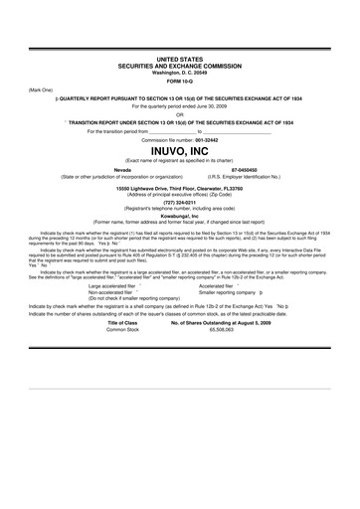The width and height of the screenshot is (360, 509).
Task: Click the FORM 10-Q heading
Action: (x=180, y=82)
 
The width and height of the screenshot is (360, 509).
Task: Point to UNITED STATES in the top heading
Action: (x=180, y=61)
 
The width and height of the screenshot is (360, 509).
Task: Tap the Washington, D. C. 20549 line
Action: (x=180, y=73)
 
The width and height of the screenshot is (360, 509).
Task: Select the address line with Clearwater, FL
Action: (x=180, y=187)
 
